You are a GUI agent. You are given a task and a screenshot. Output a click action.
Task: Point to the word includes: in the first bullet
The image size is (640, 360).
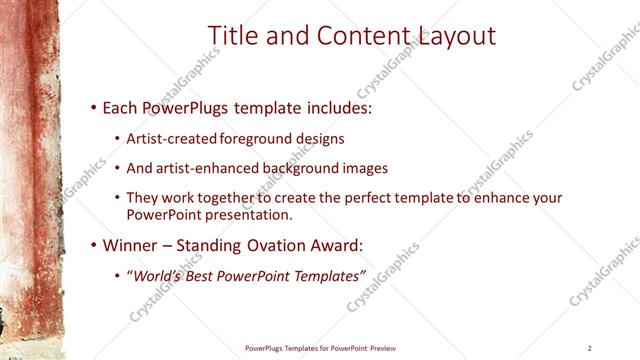tap(316, 106)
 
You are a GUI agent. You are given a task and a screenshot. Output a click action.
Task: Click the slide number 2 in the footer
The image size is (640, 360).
tap(590, 348)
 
